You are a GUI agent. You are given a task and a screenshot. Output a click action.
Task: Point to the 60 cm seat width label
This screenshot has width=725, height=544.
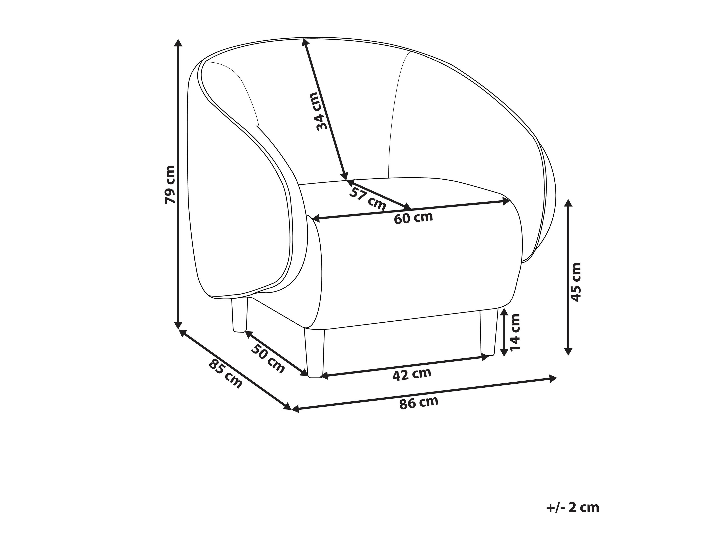click(x=413, y=218)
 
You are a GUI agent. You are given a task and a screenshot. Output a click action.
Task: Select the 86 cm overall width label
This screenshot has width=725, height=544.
click(x=419, y=403)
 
